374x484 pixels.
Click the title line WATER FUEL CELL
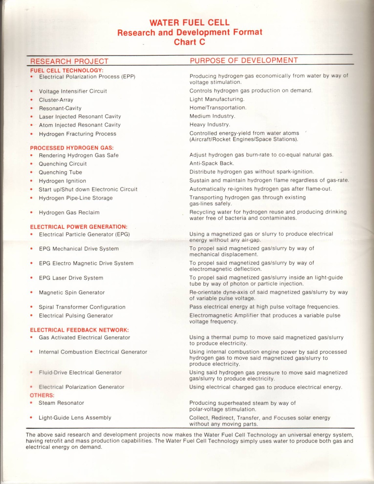point(189,22)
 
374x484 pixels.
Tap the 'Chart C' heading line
point(189,42)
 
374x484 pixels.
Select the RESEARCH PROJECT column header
point(69,61)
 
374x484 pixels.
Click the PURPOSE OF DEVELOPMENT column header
point(244,60)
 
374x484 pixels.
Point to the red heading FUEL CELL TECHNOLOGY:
point(67,70)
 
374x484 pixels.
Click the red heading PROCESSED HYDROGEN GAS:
point(72,148)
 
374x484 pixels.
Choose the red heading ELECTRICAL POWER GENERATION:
point(79,227)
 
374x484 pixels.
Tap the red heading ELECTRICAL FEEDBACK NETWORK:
point(79,330)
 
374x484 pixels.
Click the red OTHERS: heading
point(42,395)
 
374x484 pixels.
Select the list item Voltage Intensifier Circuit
point(73,91)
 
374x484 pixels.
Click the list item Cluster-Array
point(56,100)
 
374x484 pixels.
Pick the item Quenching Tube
point(60,172)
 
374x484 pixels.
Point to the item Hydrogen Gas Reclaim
point(69,213)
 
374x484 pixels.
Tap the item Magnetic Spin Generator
point(72,293)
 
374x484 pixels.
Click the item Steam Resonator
point(61,403)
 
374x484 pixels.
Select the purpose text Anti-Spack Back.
point(212,163)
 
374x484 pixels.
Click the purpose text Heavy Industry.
point(210,125)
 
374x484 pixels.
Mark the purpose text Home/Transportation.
point(218,108)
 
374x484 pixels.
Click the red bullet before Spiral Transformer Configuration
point(31,307)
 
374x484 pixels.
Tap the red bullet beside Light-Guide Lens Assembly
point(31,418)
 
